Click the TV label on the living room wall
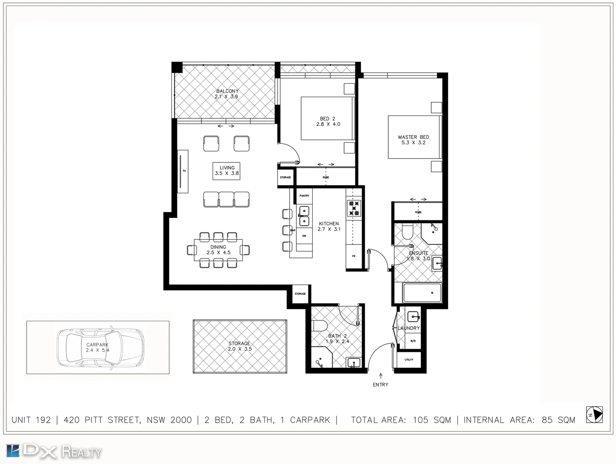(184, 171)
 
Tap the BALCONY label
(227, 91)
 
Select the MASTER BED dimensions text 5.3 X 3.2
(413, 143)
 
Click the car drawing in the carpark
(100, 347)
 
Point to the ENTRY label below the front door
(380, 385)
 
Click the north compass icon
(595, 414)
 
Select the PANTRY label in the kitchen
(304, 196)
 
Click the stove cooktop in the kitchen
(354, 208)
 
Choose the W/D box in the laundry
(413, 341)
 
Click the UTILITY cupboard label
(409, 360)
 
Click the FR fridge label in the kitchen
(354, 256)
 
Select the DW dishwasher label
(304, 236)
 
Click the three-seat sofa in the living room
(226, 199)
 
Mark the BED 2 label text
(327, 119)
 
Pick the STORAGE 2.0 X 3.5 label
(239, 346)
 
